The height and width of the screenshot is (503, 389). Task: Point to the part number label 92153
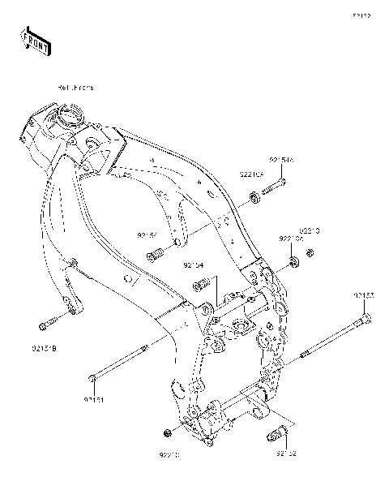point(363,295)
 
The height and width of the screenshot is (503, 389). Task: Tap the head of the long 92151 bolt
point(95,376)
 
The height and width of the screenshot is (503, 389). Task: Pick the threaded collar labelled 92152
point(273,437)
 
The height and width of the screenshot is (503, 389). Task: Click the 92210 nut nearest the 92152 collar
point(167,431)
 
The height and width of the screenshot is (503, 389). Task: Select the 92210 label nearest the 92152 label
point(169,456)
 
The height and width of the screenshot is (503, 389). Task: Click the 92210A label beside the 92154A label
point(250,174)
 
